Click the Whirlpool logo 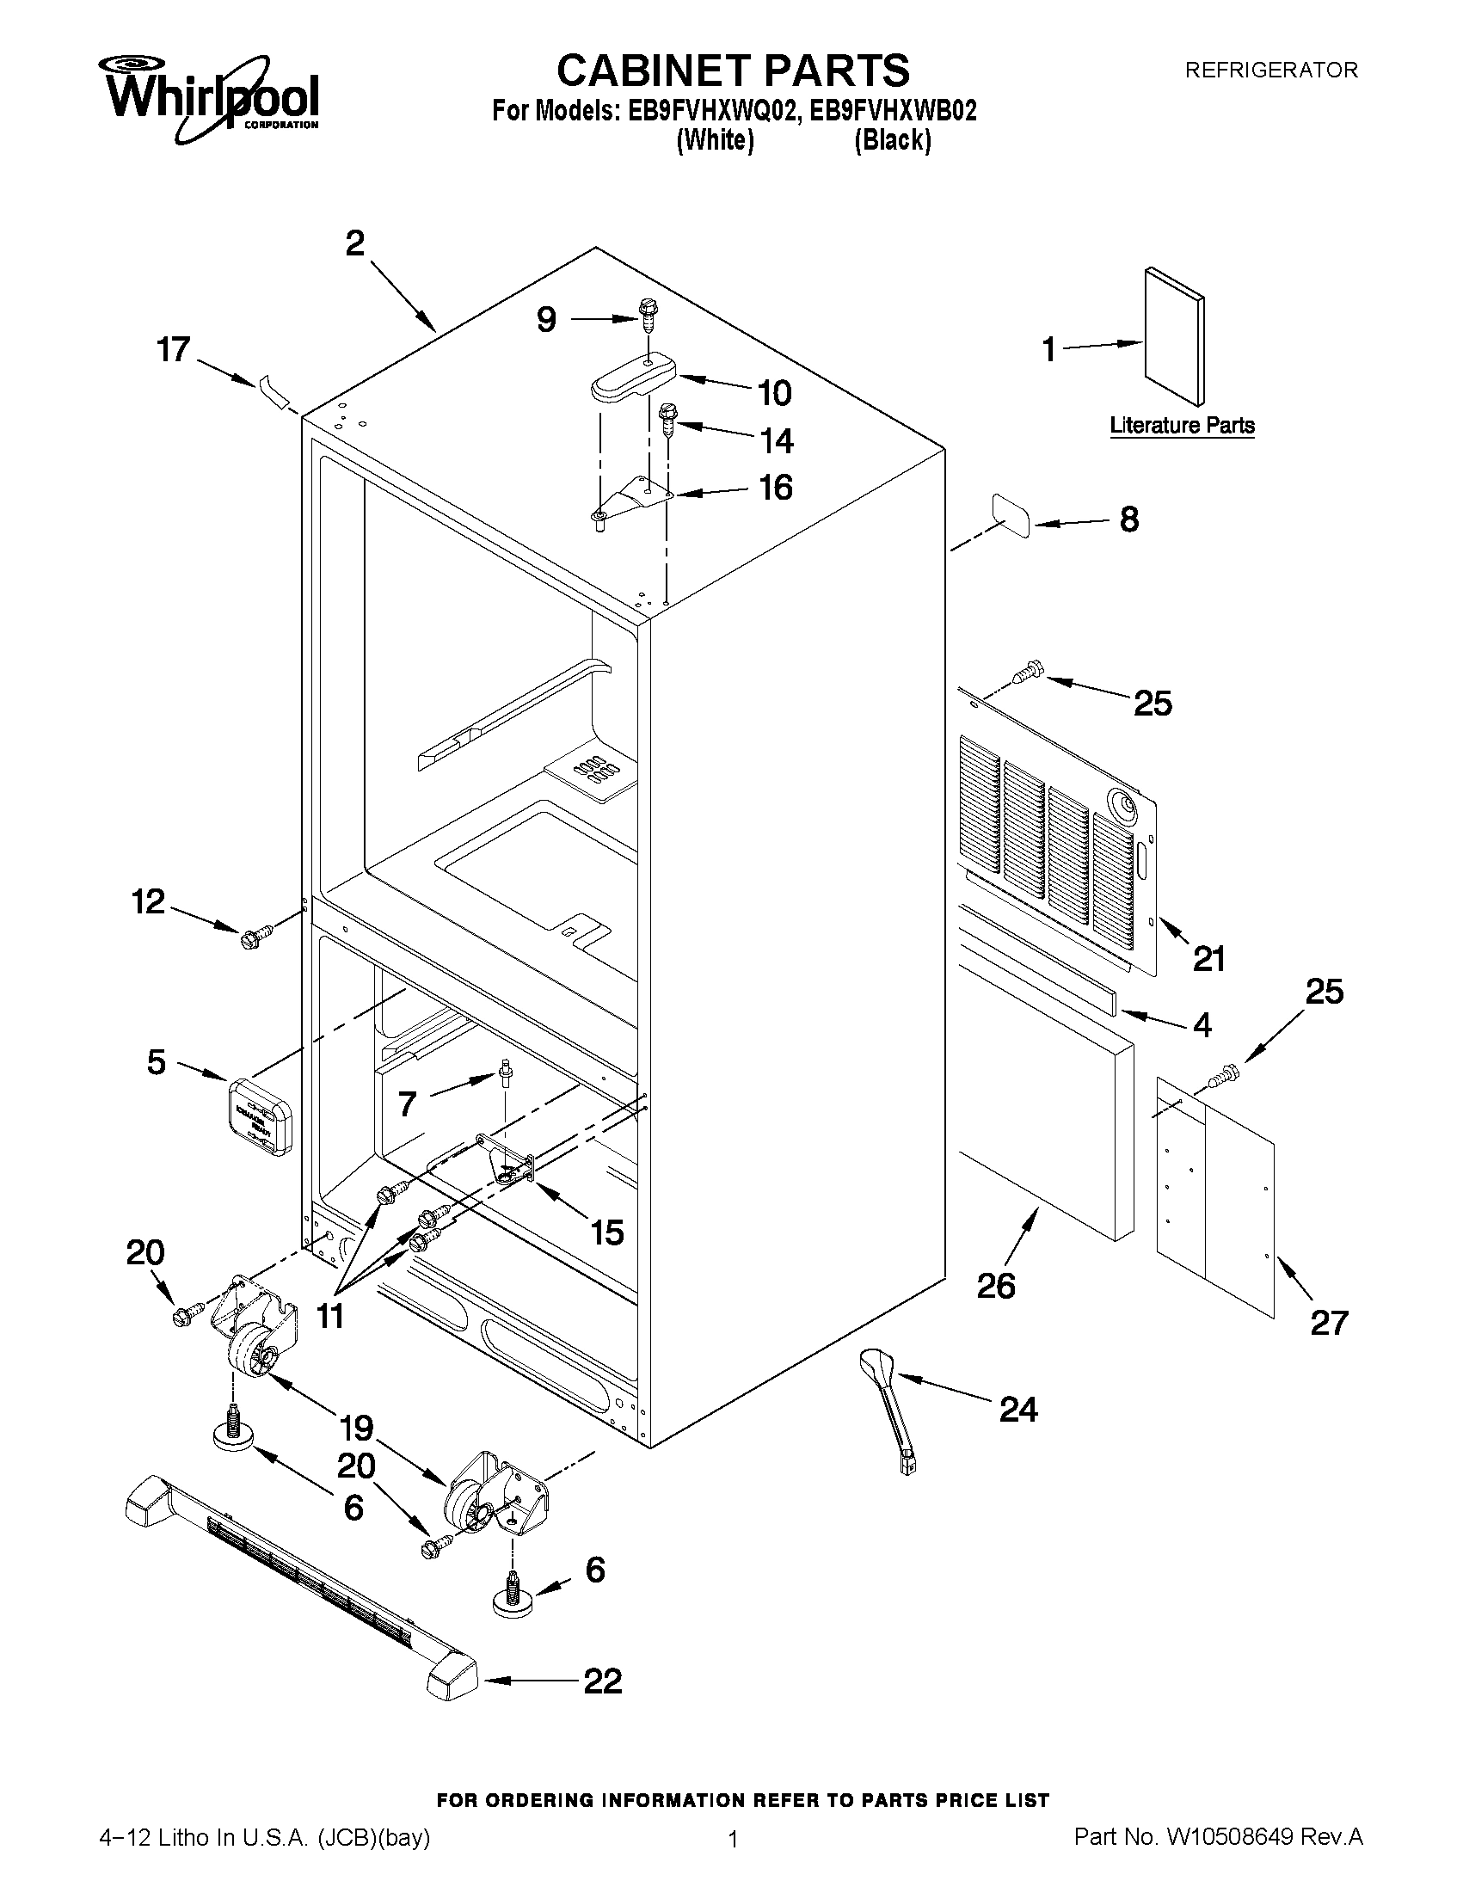pos(212,98)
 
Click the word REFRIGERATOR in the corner pos(1270,71)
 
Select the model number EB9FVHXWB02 pos(893,111)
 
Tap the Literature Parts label pos(1183,426)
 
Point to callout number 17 pos(174,350)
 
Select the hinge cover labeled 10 pos(633,378)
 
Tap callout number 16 pos(775,488)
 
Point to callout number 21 pos(1208,959)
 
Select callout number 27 pos(1329,1324)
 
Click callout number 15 pos(606,1232)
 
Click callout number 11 pos(330,1316)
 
